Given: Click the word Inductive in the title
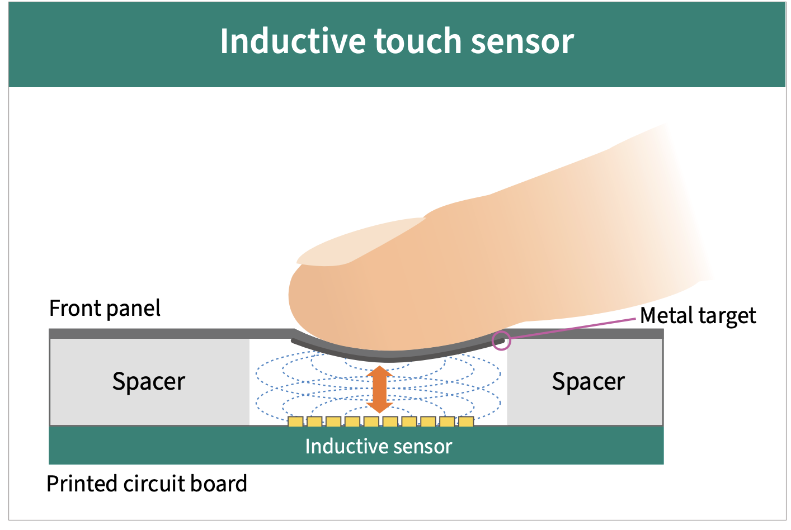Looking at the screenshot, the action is tap(293, 41).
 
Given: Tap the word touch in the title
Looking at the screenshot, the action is tap(418, 41).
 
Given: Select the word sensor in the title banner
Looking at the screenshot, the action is tap(522, 44).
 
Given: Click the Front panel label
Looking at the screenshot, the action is tap(105, 309).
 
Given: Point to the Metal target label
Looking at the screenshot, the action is tap(698, 315).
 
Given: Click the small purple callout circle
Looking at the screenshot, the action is tap(501, 340).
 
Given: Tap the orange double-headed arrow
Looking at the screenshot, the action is tap(380, 389).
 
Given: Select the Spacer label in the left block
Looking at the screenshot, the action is tap(149, 382).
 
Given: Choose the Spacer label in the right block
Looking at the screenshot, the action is tap(588, 382).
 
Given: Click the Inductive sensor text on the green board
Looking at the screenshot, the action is tap(379, 446).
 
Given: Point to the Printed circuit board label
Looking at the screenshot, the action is tap(147, 484).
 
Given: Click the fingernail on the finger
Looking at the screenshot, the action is tap(360, 242).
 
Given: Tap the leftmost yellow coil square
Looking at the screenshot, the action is tap(295, 422).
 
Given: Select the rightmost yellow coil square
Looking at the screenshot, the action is tap(466, 422).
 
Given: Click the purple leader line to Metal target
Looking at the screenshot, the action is tap(573, 329).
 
